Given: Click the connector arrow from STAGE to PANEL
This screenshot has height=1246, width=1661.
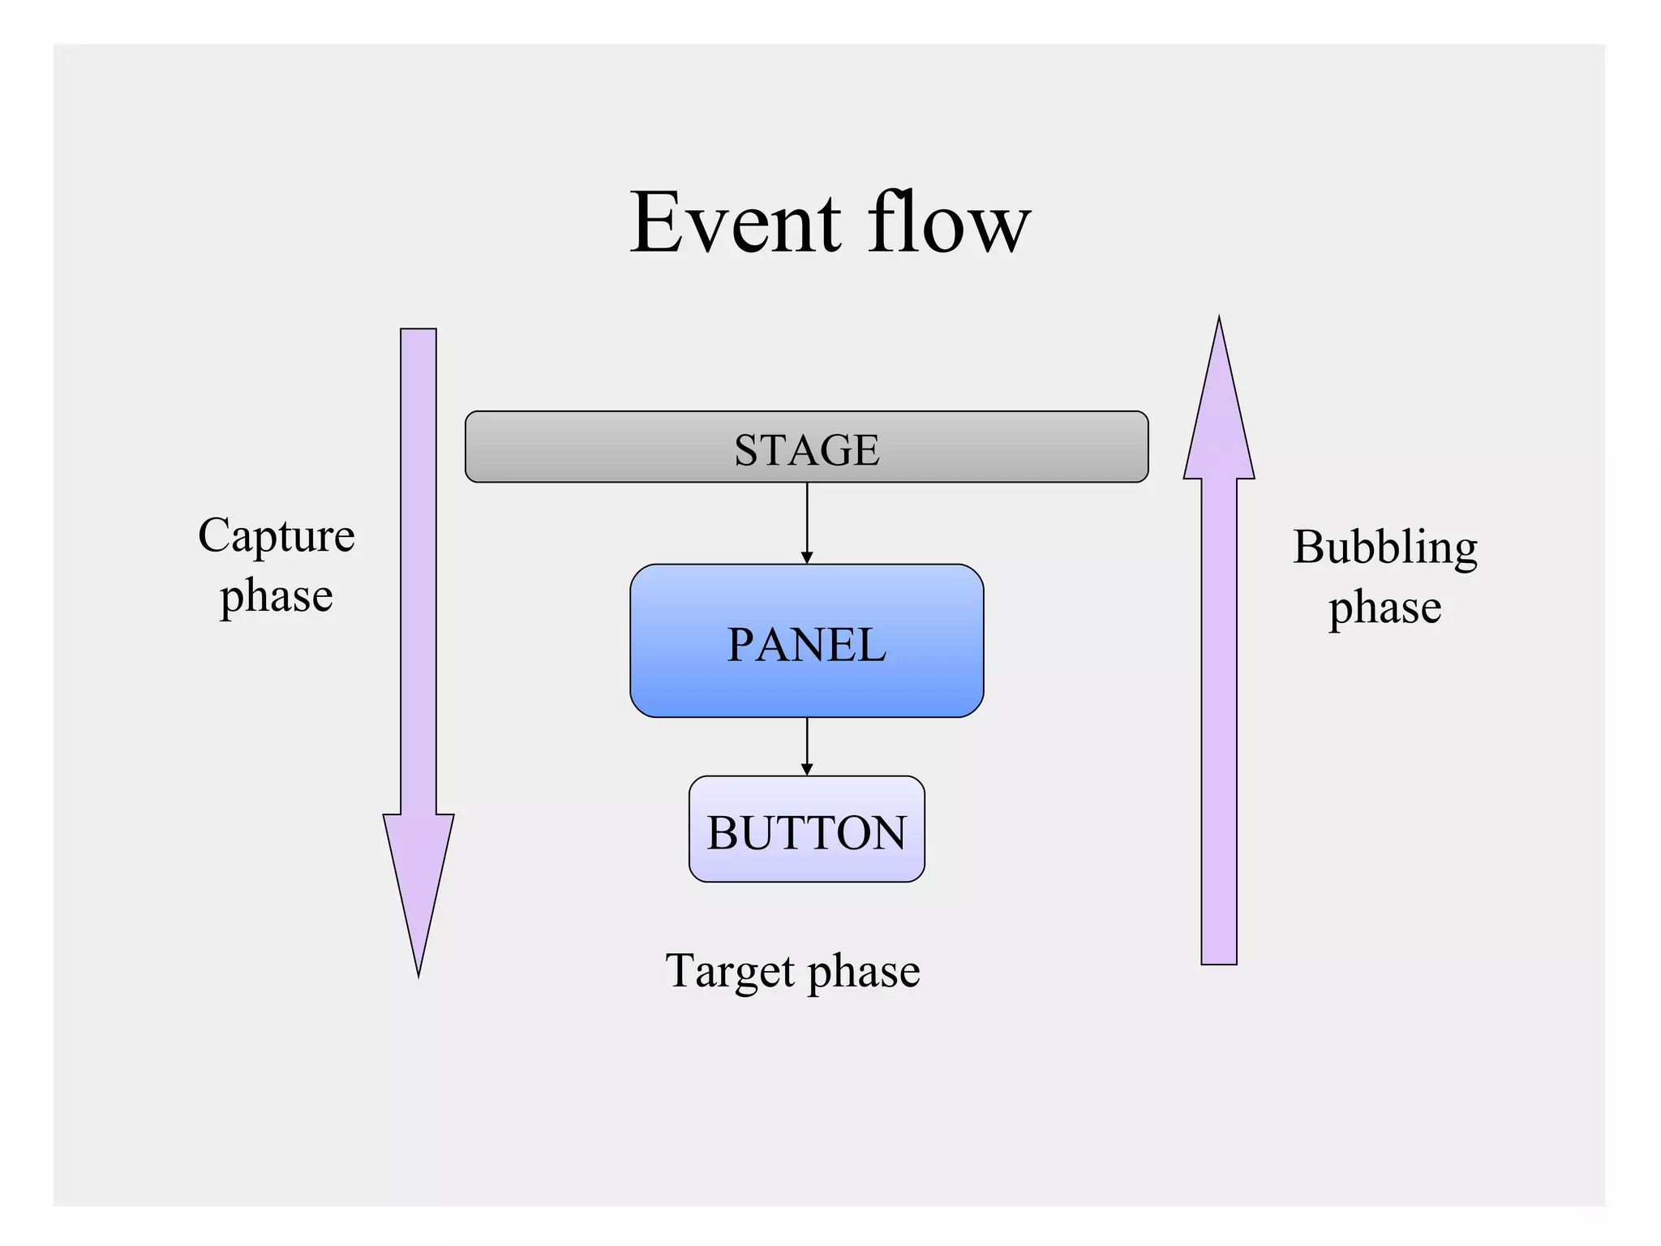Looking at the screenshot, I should click(x=806, y=523).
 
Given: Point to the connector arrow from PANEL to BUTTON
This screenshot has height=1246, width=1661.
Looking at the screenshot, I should click(x=806, y=746).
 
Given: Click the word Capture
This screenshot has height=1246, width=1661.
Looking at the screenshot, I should click(x=277, y=536).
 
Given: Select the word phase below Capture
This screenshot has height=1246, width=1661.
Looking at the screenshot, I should click(x=277, y=597).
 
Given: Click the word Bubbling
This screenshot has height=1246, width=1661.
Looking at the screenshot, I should click(x=1384, y=548).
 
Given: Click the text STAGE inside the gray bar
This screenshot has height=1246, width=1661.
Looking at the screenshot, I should click(x=806, y=450).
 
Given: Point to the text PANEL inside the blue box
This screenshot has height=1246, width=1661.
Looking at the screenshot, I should click(x=806, y=646).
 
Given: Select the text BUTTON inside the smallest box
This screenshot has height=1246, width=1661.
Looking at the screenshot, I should click(x=806, y=833).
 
